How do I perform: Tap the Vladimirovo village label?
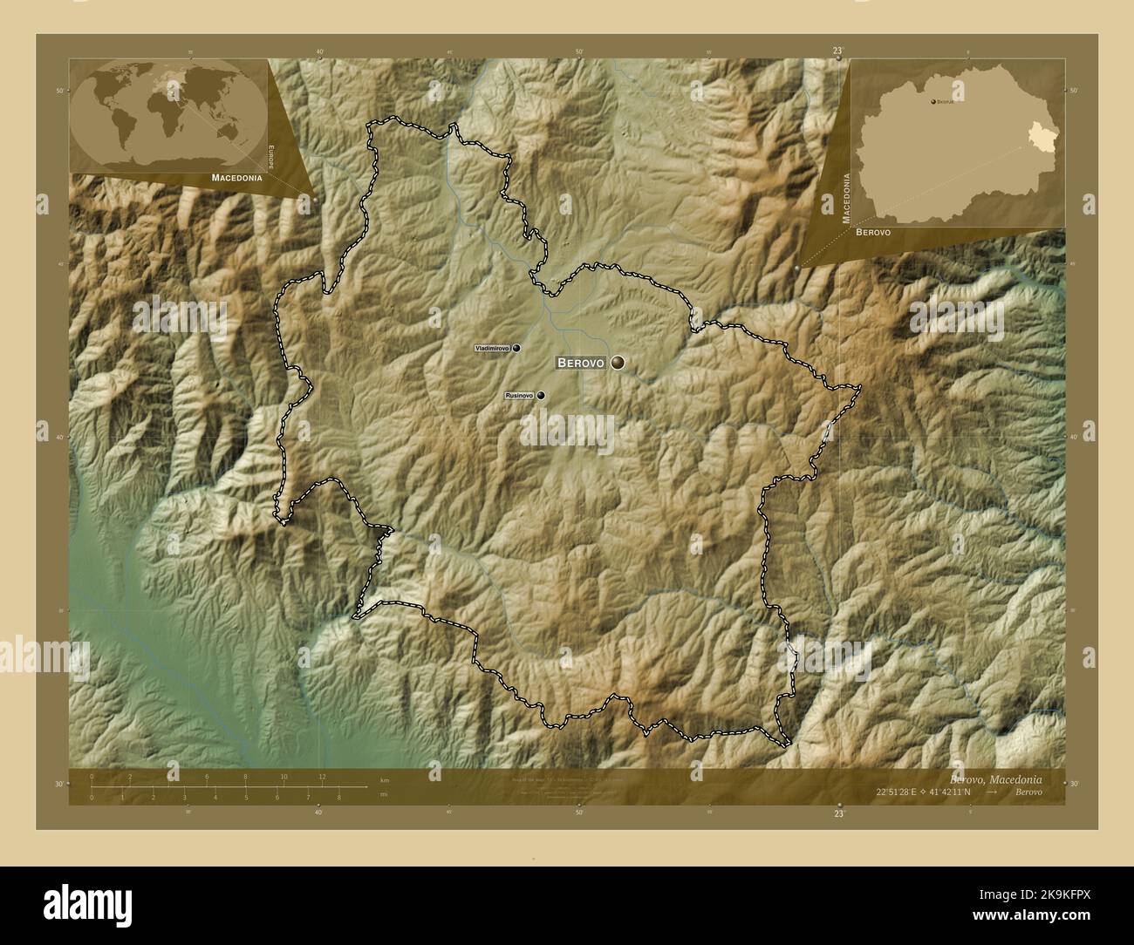point(492,348)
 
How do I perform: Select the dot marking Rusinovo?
point(541,396)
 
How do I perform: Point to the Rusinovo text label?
point(519,396)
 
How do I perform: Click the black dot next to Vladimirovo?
point(516,348)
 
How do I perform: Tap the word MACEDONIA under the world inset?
point(236,177)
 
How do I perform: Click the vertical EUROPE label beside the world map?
point(271,158)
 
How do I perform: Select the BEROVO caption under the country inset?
point(873,233)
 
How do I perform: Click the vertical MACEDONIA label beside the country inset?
point(845,198)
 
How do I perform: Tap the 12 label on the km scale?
point(322,777)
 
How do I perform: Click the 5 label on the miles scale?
point(246,797)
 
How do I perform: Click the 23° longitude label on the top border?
point(837,51)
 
